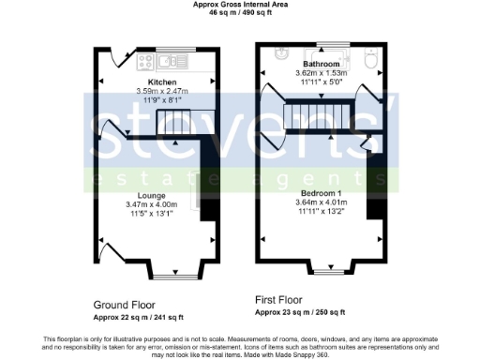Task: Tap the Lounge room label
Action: click(x=150, y=195)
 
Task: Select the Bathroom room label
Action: click(x=321, y=64)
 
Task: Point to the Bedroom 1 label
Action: click(x=320, y=192)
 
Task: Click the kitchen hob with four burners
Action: click(x=145, y=62)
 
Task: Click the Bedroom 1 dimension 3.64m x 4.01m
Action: click(x=320, y=202)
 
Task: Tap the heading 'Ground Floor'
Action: click(x=125, y=305)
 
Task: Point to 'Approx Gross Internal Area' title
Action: click(x=241, y=5)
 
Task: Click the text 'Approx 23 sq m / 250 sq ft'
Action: click(x=300, y=312)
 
